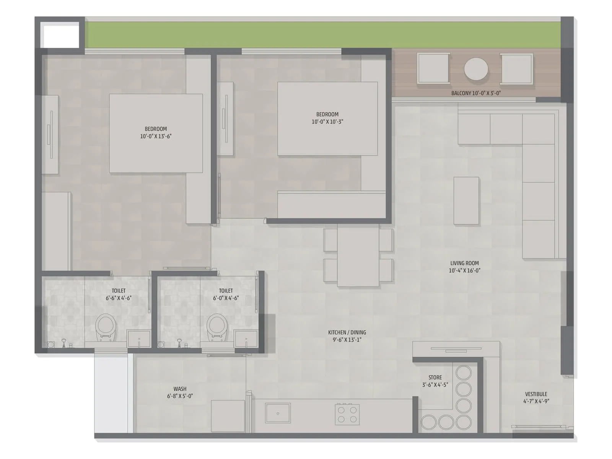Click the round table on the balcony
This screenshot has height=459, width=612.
click(x=476, y=69)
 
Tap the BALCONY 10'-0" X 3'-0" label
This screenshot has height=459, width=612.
click(x=476, y=93)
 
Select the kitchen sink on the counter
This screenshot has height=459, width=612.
click(x=278, y=413)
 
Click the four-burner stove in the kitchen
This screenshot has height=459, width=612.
click(x=347, y=414)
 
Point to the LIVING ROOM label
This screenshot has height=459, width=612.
click(x=464, y=267)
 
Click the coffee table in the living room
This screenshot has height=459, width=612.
click(x=466, y=200)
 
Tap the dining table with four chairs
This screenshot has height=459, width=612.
click(x=358, y=255)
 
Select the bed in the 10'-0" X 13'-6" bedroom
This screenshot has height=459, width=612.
click(x=156, y=133)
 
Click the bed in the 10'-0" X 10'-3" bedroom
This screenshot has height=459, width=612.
click(x=327, y=119)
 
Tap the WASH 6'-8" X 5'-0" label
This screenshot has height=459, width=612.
click(x=180, y=392)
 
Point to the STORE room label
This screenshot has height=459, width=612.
click(x=435, y=381)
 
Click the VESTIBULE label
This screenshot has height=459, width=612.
click(x=536, y=397)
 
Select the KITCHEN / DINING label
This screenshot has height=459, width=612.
click(x=347, y=336)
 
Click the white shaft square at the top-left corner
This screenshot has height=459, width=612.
click(x=60, y=35)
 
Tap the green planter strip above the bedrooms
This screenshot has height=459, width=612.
click(x=321, y=34)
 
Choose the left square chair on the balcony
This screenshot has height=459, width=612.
click(x=433, y=68)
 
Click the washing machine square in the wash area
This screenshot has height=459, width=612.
click(x=228, y=416)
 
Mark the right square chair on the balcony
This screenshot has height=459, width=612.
click(x=517, y=68)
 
